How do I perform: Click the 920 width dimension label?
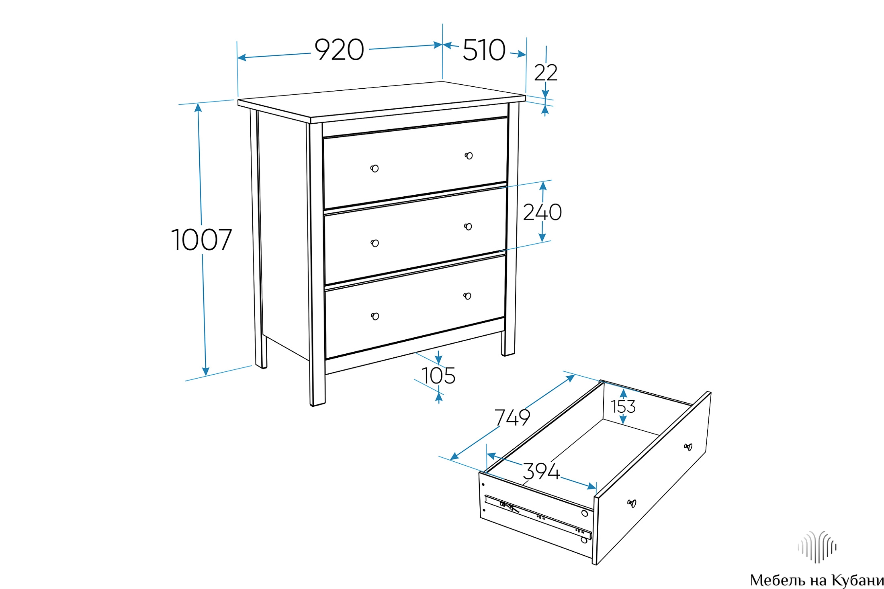[x=339, y=50]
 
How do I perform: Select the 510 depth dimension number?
[x=484, y=50]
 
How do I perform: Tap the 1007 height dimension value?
[x=201, y=240]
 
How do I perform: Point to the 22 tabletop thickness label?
[x=546, y=73]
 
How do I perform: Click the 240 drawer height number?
[x=542, y=212]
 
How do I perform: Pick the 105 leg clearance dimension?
[x=438, y=376]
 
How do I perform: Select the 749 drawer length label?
[x=512, y=418]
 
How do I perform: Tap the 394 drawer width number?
[x=541, y=471]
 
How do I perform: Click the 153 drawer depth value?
[x=623, y=407]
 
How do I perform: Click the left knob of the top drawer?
[x=374, y=169]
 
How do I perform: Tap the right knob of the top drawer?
[x=469, y=156]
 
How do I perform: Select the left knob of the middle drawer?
[x=375, y=243]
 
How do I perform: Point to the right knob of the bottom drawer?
[x=467, y=296]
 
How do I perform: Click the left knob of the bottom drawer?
[x=375, y=316]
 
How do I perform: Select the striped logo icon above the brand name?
[x=817, y=547]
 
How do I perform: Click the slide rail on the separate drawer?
[x=538, y=517]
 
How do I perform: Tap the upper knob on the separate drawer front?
[x=688, y=447]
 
